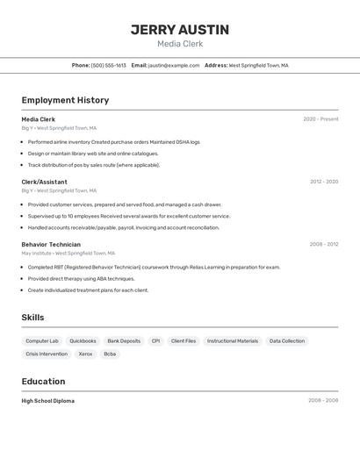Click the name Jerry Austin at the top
pos(180,30)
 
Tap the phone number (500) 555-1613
pos(109,65)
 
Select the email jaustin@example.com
pos(174,65)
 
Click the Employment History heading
pos(65,100)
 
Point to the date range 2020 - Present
pos(320,119)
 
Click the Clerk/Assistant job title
pos(44,182)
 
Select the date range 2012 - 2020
pos(324,182)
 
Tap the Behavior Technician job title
pos(51,245)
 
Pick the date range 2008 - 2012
pos(324,245)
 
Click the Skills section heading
pos(32,318)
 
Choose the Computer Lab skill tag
pos(42,340)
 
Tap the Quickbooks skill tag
pos(83,340)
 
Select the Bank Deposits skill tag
pos(124,340)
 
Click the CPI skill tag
pos(155,340)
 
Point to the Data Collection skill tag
pos(287,340)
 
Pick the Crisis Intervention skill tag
pos(47,354)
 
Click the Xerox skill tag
pos(85,354)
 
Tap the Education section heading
pos(43,382)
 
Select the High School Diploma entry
pos(48,401)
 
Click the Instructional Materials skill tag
pos(233,340)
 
